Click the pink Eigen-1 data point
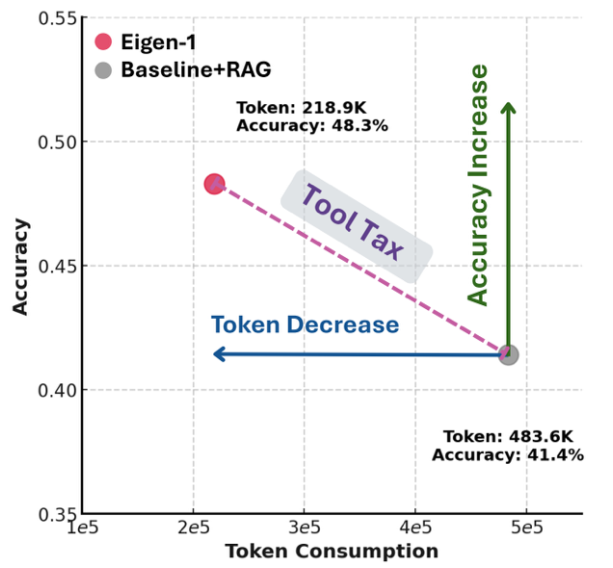(x=215, y=184)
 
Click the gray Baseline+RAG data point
(x=508, y=354)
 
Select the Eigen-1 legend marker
(x=103, y=42)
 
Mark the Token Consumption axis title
(x=332, y=552)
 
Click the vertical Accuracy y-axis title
(x=20, y=267)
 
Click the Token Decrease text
(x=305, y=325)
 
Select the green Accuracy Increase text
(x=478, y=185)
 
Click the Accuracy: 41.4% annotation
(x=507, y=454)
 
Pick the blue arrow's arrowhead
(x=219, y=354)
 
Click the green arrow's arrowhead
(x=508, y=107)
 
